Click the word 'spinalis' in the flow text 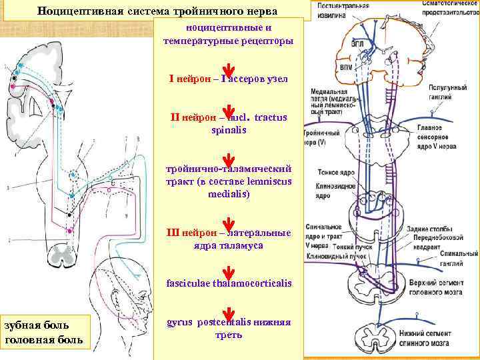point(229,130)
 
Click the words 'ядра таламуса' point(229,245)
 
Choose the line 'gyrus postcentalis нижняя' point(229,321)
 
